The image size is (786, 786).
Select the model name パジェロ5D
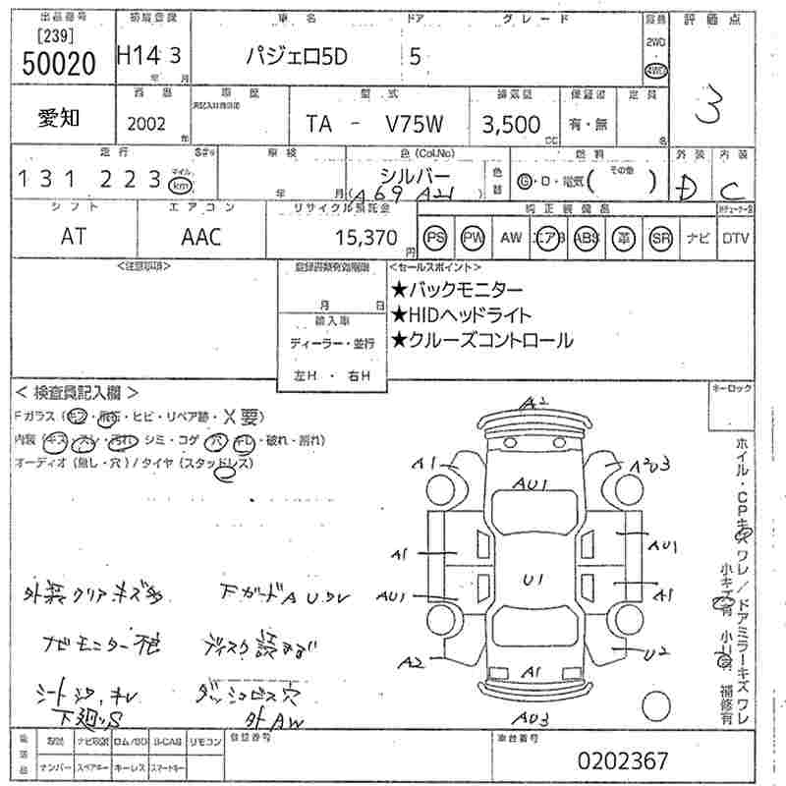coord(302,57)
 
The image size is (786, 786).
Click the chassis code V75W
coord(414,125)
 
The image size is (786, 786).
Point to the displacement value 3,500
coord(510,125)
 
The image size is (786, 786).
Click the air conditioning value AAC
coord(201,237)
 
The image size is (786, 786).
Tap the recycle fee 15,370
coord(366,237)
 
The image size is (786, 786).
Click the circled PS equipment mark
coord(435,238)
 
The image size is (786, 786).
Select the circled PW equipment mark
coord(474,238)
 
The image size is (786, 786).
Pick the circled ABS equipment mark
coord(587,238)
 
